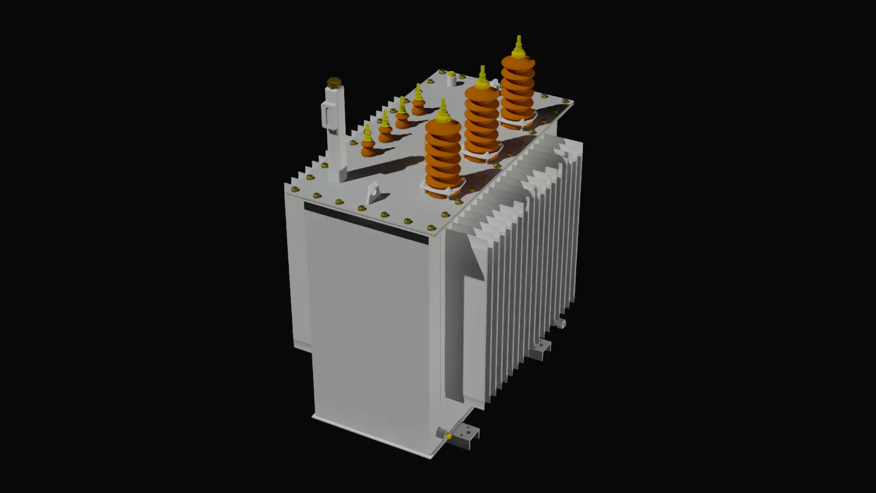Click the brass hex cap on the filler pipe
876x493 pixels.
click(x=334, y=83)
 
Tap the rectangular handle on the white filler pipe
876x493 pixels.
click(x=328, y=115)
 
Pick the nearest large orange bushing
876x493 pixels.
click(x=443, y=157)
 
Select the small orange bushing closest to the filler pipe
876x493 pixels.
click(x=368, y=145)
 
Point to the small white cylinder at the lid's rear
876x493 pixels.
click(x=451, y=80)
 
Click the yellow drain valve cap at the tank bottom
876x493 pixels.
click(x=448, y=437)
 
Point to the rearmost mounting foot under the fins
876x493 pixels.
click(x=561, y=323)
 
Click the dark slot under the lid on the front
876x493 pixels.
click(x=365, y=223)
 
